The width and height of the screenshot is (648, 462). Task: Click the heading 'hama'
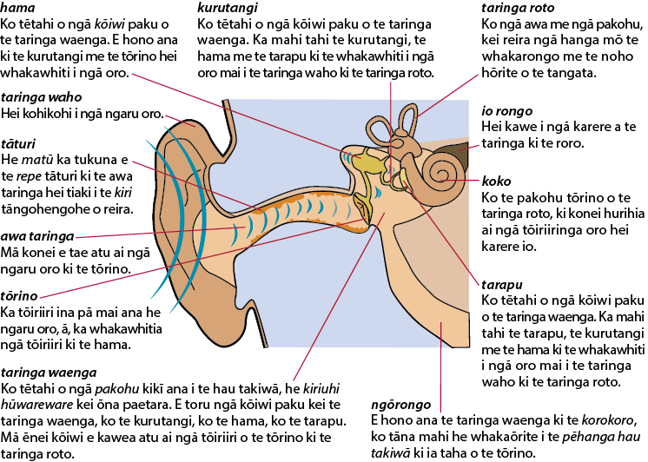coord(17,8)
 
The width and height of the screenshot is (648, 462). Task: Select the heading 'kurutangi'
coord(228,8)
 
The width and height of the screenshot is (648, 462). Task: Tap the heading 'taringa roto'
coord(518,8)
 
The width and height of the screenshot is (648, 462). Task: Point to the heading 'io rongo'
coord(507,111)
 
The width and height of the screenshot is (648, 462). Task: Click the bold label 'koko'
coord(496,181)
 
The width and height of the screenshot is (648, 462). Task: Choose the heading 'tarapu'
coord(502,285)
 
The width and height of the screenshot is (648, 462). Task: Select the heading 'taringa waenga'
coord(49,373)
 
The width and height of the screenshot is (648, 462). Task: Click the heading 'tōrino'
coord(19,296)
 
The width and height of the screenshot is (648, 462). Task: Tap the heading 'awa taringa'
coord(37,236)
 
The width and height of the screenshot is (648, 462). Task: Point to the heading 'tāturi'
coord(18,144)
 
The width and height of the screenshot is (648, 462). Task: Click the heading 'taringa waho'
coord(42,97)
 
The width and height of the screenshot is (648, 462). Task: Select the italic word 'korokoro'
coord(607,420)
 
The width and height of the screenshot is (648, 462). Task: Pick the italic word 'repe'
coord(29,176)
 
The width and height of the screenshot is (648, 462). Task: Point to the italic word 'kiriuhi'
coord(321,389)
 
